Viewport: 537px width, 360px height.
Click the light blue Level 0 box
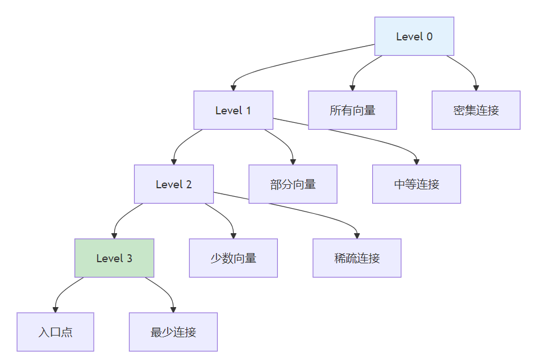point(414,36)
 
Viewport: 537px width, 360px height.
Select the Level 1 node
point(233,110)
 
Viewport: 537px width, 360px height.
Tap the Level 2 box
point(174,184)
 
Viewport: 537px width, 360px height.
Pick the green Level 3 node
point(114,258)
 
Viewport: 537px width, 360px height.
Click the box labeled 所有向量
point(352,110)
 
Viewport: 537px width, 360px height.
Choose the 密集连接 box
point(476,110)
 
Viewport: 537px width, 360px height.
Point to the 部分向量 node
point(293,184)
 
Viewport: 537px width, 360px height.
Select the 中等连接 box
point(417,184)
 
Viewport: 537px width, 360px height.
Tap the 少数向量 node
point(233,258)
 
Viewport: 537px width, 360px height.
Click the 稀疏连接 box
point(357,258)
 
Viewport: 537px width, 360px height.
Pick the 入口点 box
point(55,332)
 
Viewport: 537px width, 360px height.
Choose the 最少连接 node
point(173,332)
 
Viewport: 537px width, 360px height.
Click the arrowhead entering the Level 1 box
point(233,88)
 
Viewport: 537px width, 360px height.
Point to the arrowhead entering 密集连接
point(476,88)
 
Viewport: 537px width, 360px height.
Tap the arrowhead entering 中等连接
point(417,162)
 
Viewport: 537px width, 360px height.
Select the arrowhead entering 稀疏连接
point(357,236)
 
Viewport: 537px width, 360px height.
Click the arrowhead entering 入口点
point(55,309)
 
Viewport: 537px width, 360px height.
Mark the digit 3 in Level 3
point(130,258)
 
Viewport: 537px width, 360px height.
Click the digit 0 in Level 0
point(430,36)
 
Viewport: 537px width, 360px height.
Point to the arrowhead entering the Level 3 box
point(114,236)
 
